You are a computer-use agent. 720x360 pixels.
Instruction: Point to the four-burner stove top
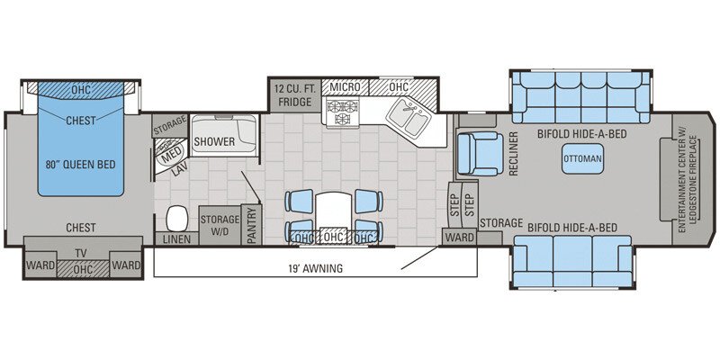pyautogui.click(x=342, y=112)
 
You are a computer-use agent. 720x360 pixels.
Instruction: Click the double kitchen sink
pyautogui.click(x=410, y=118)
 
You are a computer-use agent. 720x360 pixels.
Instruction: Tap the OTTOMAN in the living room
pyautogui.click(x=582, y=158)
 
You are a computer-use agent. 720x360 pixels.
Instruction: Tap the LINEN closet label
pyautogui.click(x=176, y=239)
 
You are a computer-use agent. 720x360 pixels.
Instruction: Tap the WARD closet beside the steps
pyautogui.click(x=458, y=238)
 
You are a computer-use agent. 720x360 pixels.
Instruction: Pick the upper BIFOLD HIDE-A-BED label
pyautogui.click(x=581, y=134)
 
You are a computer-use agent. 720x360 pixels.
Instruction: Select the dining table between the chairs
pyautogui.click(x=333, y=211)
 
